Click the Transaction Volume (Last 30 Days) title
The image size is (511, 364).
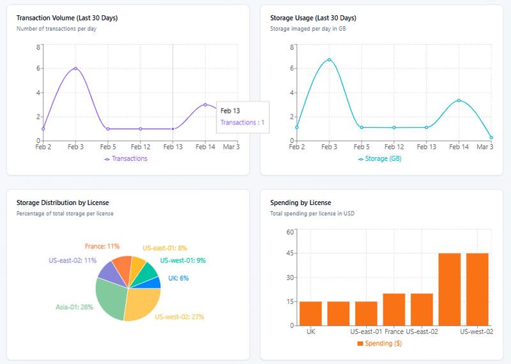pyautogui.click(x=66, y=18)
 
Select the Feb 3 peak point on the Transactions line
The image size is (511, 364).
pyautogui.click(x=75, y=68)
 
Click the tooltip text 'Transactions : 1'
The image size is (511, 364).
pyautogui.click(x=242, y=123)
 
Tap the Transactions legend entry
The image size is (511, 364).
pyautogui.click(x=126, y=158)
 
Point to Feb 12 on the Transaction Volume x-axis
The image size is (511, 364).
pyautogui.click(x=140, y=147)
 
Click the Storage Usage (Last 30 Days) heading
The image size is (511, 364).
pyautogui.click(x=313, y=18)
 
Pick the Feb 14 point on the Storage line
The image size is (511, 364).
pyautogui.click(x=459, y=100)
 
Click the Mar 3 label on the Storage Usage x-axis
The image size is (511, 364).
pyautogui.click(x=485, y=147)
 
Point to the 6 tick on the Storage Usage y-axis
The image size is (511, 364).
pyautogui.click(x=291, y=68)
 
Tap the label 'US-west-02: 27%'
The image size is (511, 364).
pyautogui.click(x=179, y=317)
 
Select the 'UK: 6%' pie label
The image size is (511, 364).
pyautogui.click(x=178, y=278)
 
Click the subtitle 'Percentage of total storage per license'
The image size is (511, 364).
pyautogui.click(x=65, y=213)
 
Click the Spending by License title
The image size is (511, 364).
pyautogui.click(x=300, y=202)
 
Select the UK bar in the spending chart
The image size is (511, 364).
pyautogui.click(x=310, y=313)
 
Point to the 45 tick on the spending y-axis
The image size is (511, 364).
pyautogui.click(x=289, y=254)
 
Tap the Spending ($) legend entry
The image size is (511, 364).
pyautogui.click(x=379, y=344)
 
